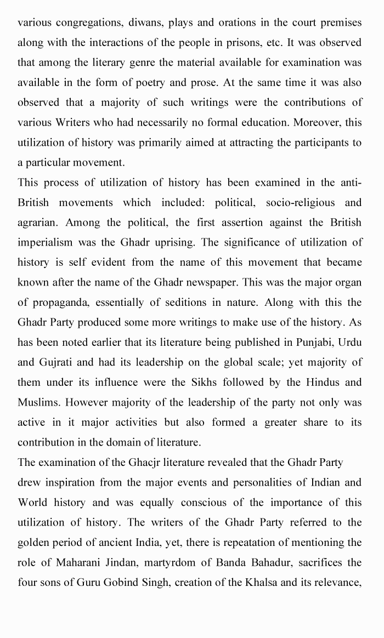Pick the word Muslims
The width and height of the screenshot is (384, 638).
[x=39, y=402]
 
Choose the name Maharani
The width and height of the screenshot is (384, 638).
[x=72, y=562]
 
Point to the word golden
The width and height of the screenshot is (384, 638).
[x=33, y=542]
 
